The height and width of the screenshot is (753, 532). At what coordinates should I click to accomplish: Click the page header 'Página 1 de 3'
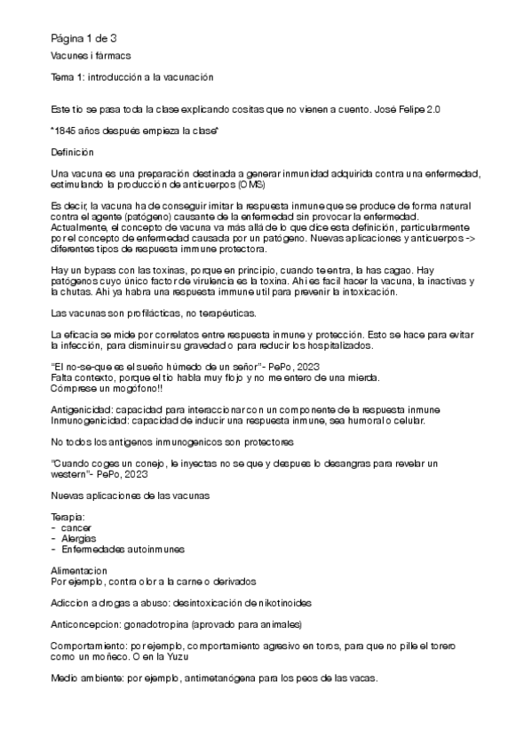[x=77, y=37]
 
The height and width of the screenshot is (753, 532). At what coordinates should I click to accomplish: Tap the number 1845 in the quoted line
[x=67, y=130]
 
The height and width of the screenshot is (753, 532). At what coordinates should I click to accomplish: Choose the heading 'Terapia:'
[x=68, y=517]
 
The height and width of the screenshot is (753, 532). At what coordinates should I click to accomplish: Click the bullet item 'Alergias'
[x=81, y=538]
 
